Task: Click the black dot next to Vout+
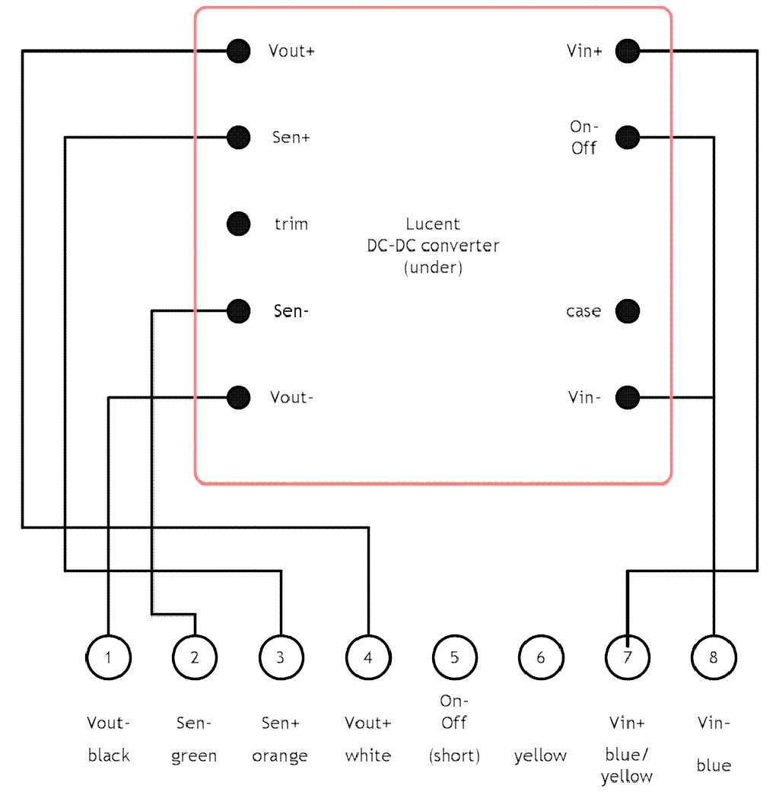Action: tap(238, 51)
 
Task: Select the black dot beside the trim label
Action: tap(238, 224)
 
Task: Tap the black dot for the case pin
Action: tap(627, 310)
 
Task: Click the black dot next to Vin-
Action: tap(627, 397)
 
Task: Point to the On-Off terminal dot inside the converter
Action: tap(627, 137)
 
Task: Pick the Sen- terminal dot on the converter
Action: tap(238, 310)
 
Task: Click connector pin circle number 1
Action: tap(108, 657)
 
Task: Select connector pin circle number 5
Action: tap(454, 657)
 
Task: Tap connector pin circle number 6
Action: tap(541, 657)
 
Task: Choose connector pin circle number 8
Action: tap(714, 657)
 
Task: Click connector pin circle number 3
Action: tap(281, 657)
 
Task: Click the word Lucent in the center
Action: tap(433, 224)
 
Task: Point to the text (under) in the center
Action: tap(433, 268)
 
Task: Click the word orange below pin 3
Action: tap(280, 756)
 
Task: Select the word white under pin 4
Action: tap(367, 755)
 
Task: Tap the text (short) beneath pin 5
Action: tap(454, 755)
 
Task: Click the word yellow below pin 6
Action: tap(540, 756)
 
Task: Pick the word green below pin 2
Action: tap(194, 756)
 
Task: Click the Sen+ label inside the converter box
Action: tap(291, 138)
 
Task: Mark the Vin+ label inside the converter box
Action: tap(584, 51)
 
